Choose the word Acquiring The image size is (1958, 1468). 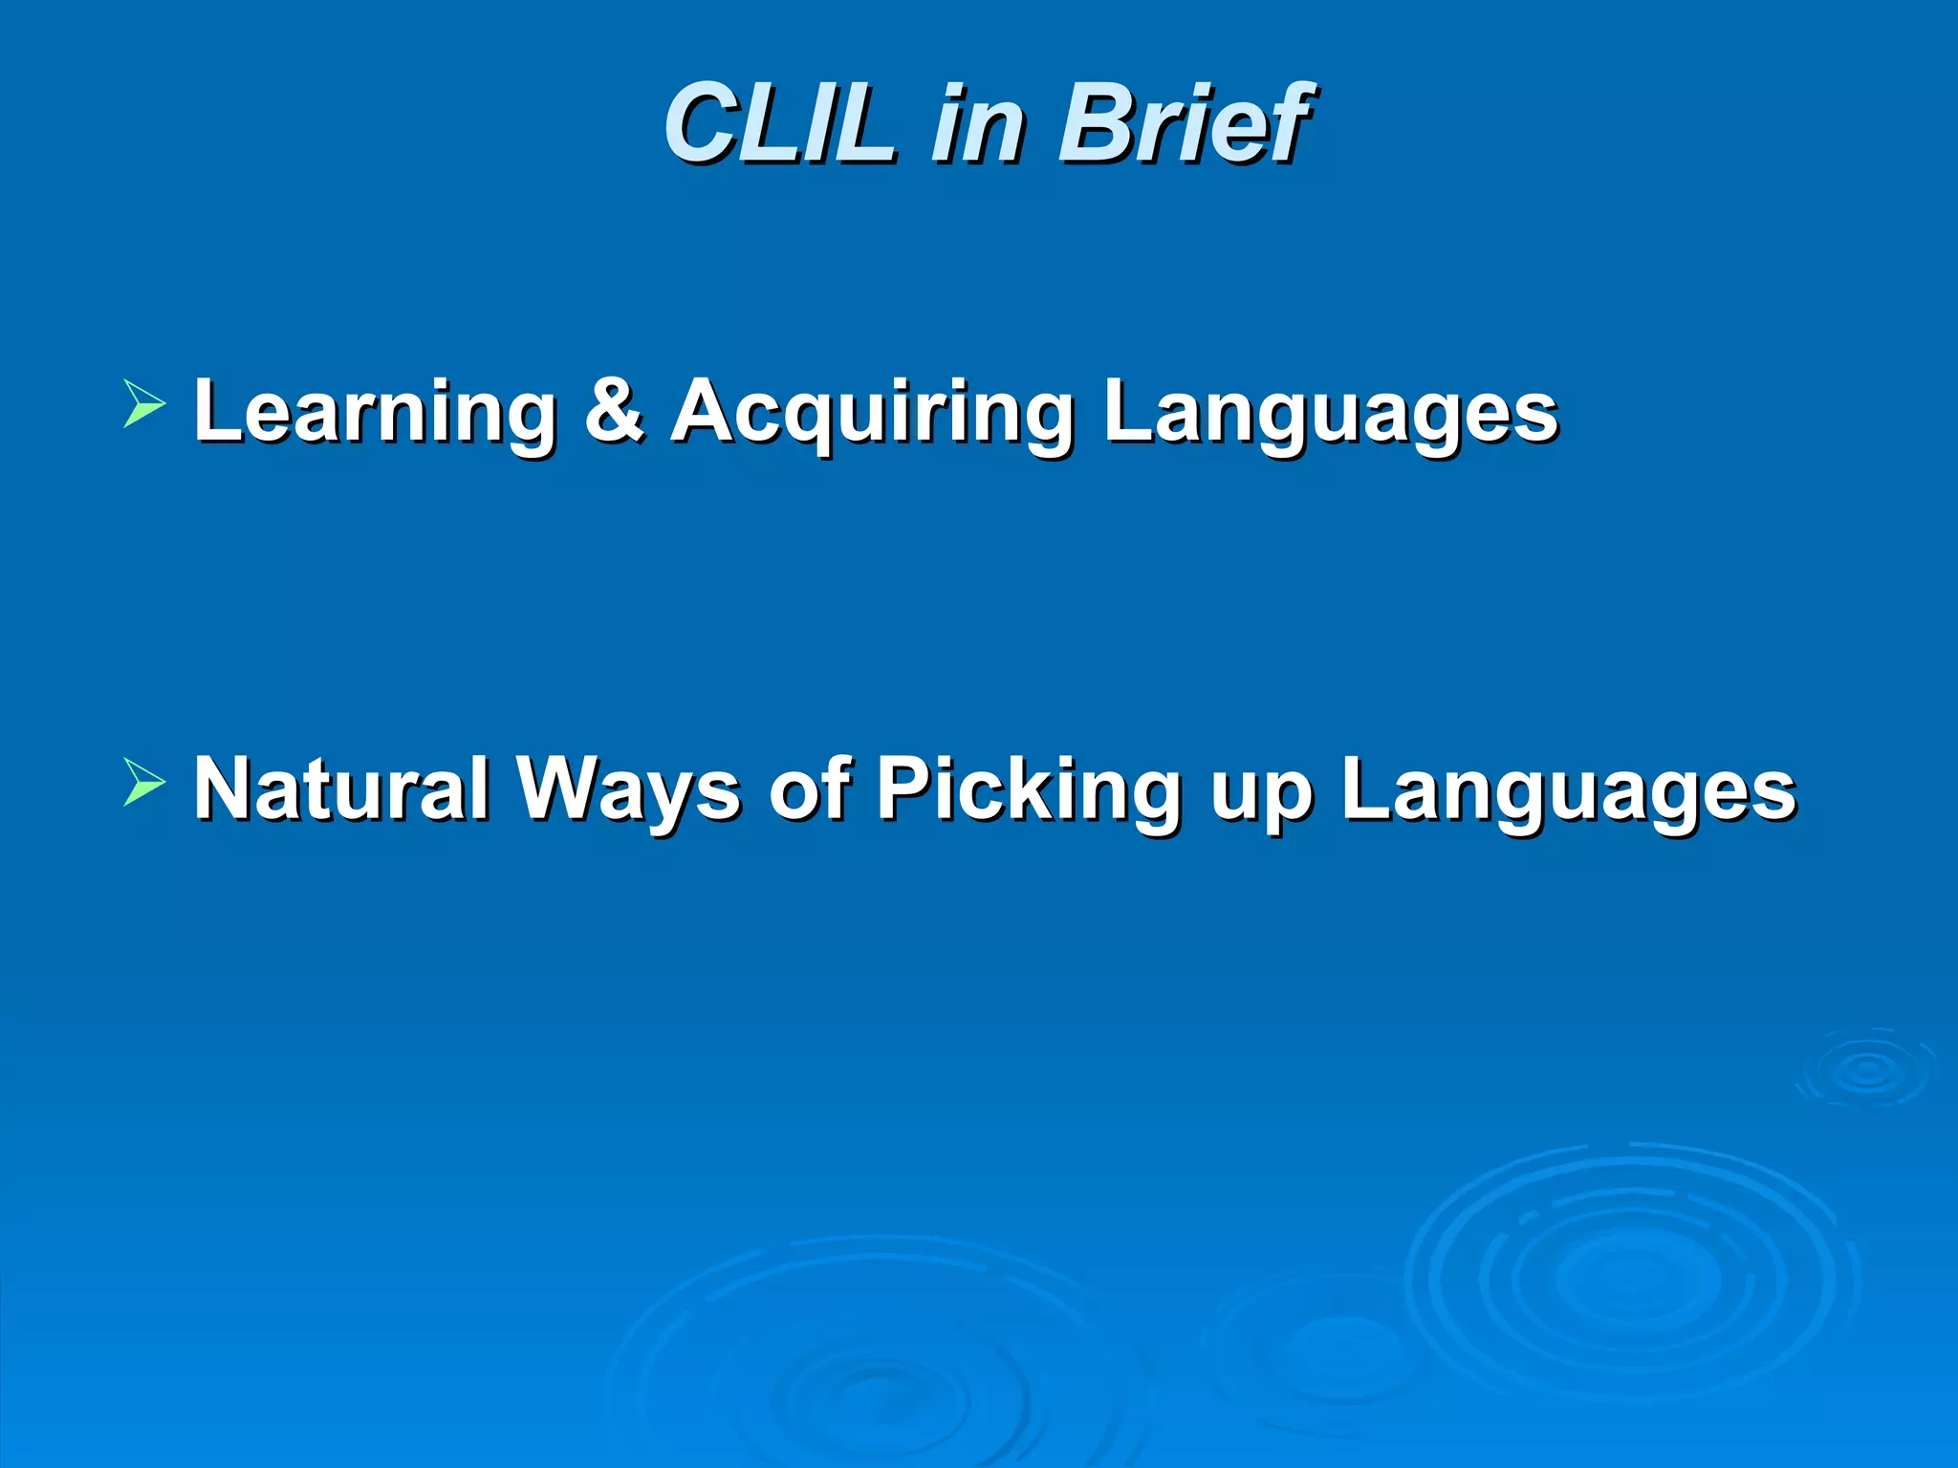[x=871, y=412]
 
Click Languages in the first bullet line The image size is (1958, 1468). [x=1330, y=412]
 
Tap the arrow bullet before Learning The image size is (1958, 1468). [x=143, y=402]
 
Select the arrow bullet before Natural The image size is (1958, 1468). [x=143, y=782]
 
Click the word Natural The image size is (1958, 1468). [x=342, y=788]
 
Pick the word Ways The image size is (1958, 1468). [x=628, y=790]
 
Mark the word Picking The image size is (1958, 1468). [x=1029, y=790]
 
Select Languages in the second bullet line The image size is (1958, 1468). [x=1568, y=790]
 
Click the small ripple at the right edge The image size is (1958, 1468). [x=1867, y=1069]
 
